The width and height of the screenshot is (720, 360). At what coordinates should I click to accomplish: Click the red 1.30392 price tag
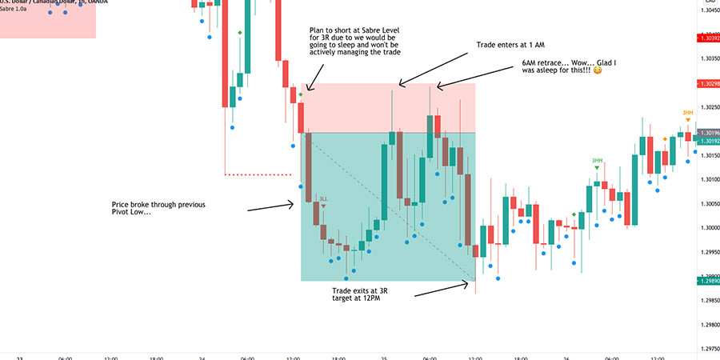[x=708, y=38]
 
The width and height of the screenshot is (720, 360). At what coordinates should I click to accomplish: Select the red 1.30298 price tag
[x=708, y=84]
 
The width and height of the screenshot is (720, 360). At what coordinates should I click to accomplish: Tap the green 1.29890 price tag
[x=708, y=281]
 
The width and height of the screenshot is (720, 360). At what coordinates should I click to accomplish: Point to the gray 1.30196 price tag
[x=708, y=132]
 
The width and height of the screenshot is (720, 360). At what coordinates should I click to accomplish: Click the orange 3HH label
[x=687, y=113]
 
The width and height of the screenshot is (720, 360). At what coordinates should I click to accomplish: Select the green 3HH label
[x=597, y=161]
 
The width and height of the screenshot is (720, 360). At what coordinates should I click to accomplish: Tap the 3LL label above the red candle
[x=323, y=198]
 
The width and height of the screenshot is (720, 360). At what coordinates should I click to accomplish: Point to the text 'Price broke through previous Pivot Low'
[x=158, y=209]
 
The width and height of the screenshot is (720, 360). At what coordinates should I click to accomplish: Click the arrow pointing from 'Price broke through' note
[x=270, y=208]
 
